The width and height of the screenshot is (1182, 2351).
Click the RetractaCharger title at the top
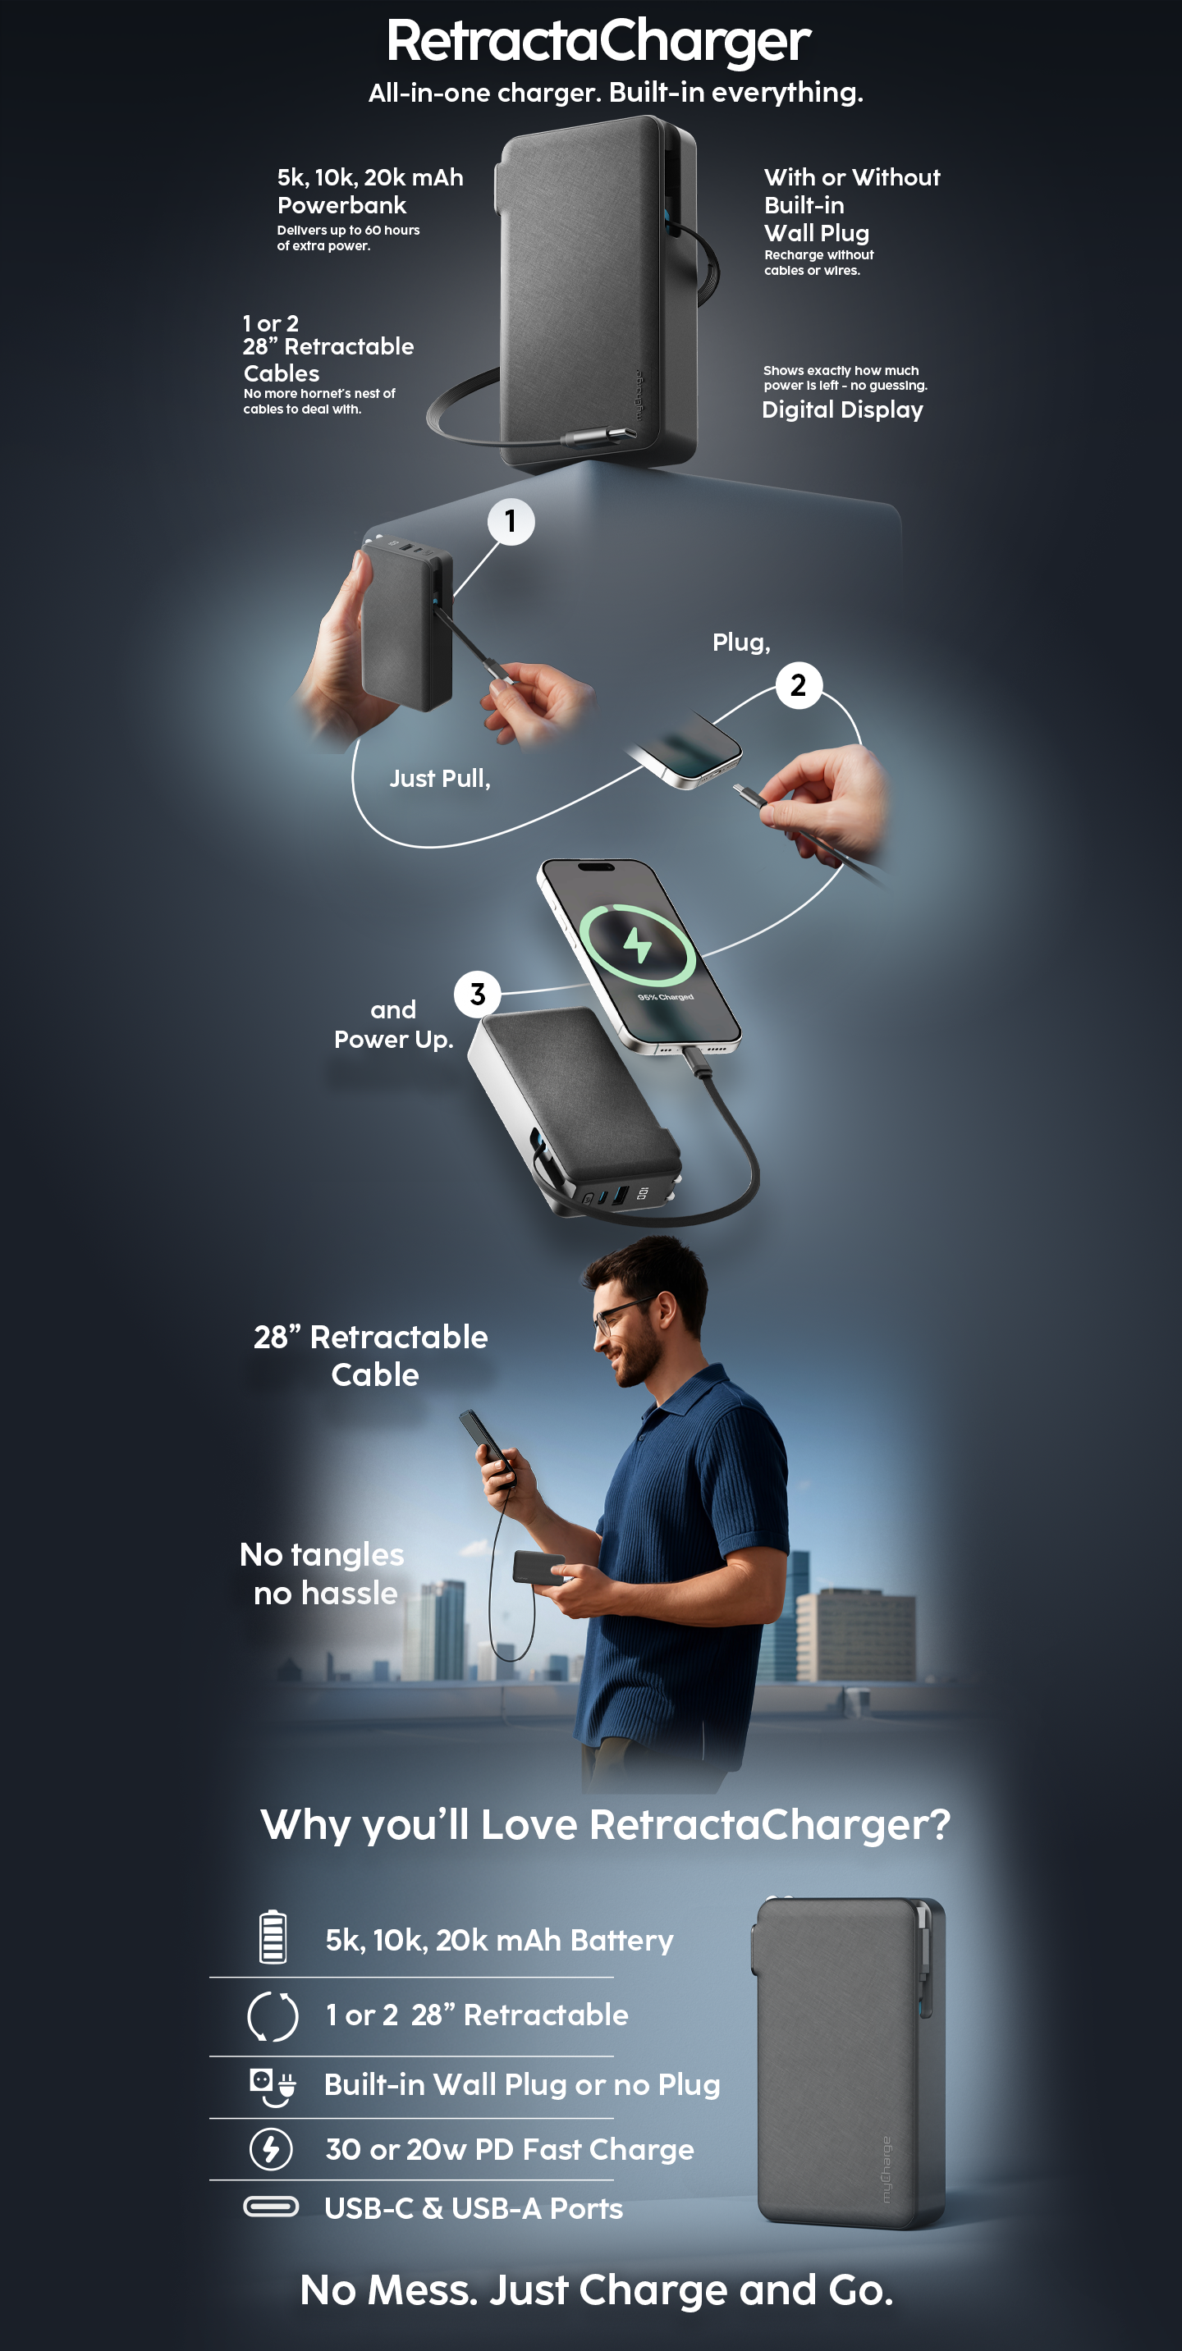pyautogui.click(x=598, y=42)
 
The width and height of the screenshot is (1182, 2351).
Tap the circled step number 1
pyautogui.click(x=511, y=521)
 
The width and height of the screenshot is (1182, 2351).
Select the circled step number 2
pyautogui.click(x=799, y=684)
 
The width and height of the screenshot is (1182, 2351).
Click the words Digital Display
pyautogui.click(x=842, y=409)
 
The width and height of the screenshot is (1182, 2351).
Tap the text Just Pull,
pyautogui.click(x=440, y=779)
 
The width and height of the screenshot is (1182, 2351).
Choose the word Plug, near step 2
pyautogui.click(x=741, y=643)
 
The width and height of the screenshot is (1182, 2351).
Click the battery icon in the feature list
pyautogui.click(x=272, y=1936)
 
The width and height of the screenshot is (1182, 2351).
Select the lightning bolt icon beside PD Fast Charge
pyautogui.click(x=271, y=2148)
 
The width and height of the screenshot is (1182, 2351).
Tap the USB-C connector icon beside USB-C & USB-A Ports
pyautogui.click(x=271, y=2207)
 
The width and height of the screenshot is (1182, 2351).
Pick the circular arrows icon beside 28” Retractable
pyautogui.click(x=272, y=2016)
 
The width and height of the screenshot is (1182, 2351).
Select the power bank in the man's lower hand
pyautogui.click(x=538, y=1567)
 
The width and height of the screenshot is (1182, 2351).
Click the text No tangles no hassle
pyautogui.click(x=323, y=1573)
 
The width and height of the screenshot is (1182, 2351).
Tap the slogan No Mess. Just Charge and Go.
pyautogui.click(x=597, y=2289)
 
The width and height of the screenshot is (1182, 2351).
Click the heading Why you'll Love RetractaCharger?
pyautogui.click(x=605, y=1825)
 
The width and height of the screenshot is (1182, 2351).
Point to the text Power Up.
pyautogui.click(x=393, y=1040)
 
